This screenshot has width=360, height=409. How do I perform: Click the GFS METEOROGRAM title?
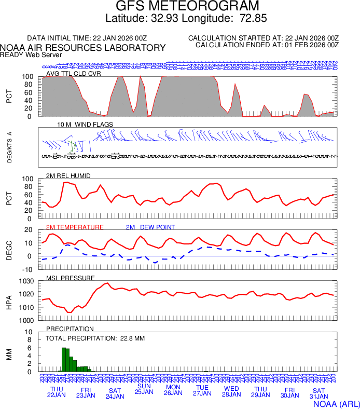click(187, 6)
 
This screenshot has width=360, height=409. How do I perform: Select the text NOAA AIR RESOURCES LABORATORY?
click(83, 48)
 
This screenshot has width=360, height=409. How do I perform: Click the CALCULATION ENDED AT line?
click(267, 45)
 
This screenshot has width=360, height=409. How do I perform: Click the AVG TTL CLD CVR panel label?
click(73, 73)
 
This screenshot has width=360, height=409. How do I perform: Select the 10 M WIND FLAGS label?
click(85, 125)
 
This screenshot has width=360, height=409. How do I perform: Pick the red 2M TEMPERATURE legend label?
click(75, 227)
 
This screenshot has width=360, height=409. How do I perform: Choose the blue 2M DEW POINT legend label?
click(150, 227)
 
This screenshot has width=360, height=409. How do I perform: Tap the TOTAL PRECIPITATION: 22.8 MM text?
click(95, 338)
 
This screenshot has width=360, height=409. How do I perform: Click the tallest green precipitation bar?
click(63, 360)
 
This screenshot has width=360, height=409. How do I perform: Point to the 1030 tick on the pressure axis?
click(26, 281)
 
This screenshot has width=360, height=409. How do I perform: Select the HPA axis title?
click(9, 301)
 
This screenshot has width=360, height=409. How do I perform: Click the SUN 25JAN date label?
click(144, 389)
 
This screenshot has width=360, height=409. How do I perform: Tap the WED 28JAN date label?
click(231, 391)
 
